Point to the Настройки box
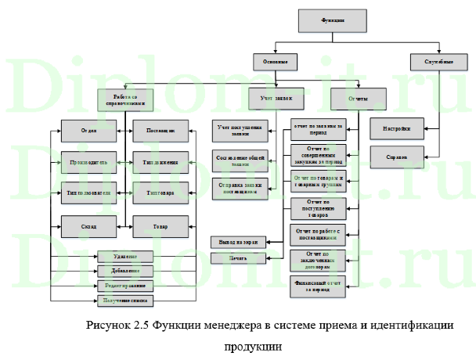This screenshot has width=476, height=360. pyautogui.click(x=396, y=128)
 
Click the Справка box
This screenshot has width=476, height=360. pyautogui.click(x=396, y=157)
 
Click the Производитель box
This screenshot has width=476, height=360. pyautogui.click(x=88, y=163)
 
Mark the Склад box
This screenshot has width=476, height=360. pyautogui.click(x=88, y=226)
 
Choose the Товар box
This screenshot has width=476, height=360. pyautogui.click(x=160, y=226)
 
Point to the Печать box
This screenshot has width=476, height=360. pyautogui.click(x=237, y=257)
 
